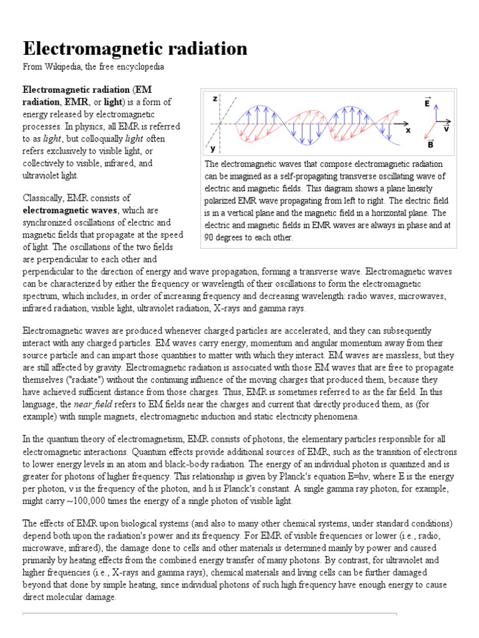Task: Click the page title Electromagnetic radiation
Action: (135, 48)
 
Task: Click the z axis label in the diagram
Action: (215, 99)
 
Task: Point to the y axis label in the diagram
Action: (213, 149)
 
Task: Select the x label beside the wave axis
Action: (409, 130)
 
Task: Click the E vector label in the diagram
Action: (427, 103)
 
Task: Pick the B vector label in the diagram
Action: (430, 145)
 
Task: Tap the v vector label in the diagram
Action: (446, 129)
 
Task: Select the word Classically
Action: (44, 198)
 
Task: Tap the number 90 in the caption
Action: (211, 237)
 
